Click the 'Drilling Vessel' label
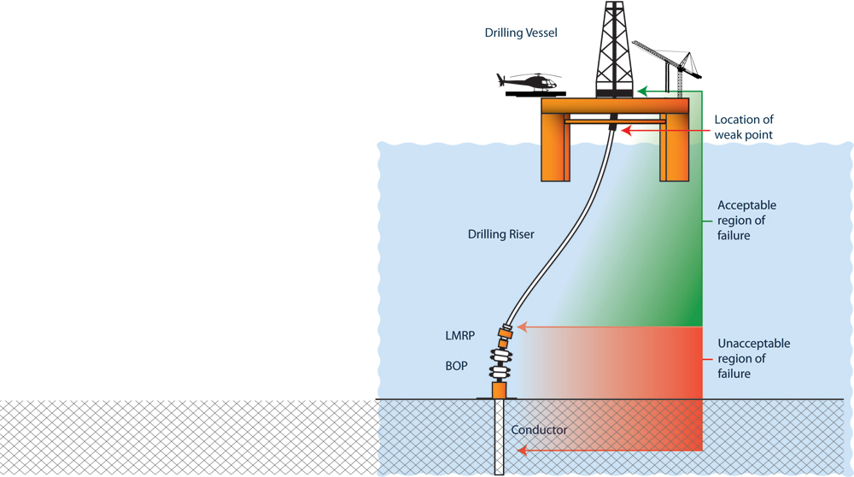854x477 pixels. (x=520, y=32)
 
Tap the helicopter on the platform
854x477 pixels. (x=530, y=83)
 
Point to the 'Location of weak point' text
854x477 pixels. (x=743, y=127)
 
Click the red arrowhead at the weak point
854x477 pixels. (x=626, y=131)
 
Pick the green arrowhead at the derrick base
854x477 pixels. (x=642, y=89)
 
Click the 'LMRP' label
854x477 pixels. (x=459, y=336)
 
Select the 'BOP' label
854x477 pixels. (x=456, y=365)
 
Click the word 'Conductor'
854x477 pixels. (x=539, y=430)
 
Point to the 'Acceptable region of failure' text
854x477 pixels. (x=746, y=220)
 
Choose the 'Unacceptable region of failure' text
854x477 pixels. (x=753, y=358)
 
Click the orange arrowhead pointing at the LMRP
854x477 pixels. (x=523, y=327)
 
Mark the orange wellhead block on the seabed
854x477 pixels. (x=500, y=390)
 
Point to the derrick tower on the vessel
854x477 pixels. (x=615, y=47)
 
